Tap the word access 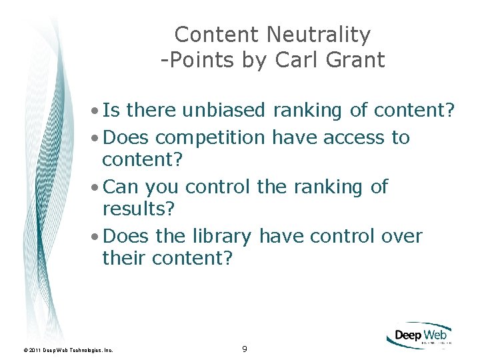[354, 137]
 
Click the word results [137, 209]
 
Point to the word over [402, 237]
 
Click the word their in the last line [125, 258]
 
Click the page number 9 [245, 349]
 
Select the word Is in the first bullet [111, 109]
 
